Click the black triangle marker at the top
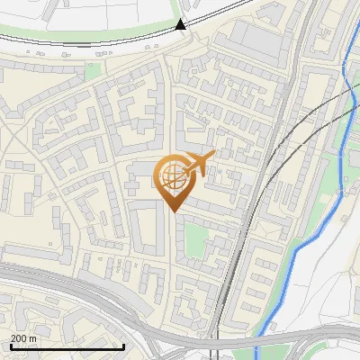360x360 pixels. (x=181, y=24)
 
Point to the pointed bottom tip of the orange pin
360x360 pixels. (x=173, y=211)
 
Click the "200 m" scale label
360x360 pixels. (x=23, y=338)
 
